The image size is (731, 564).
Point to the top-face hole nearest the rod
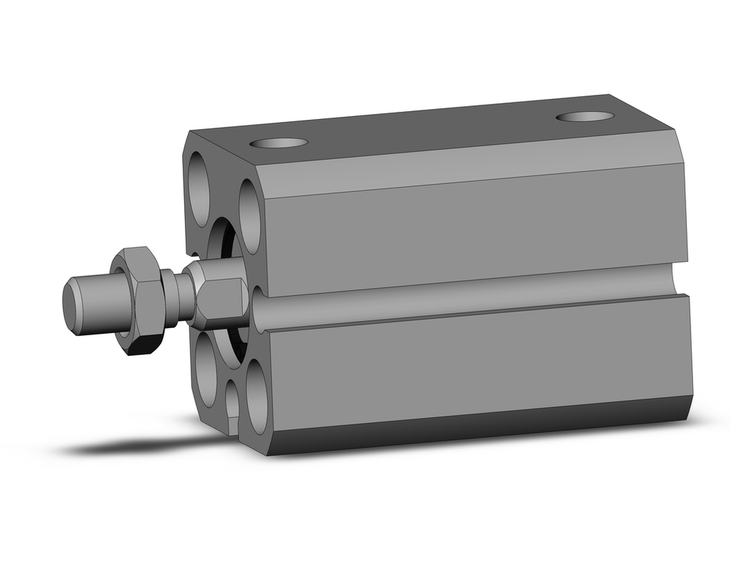pos(279,142)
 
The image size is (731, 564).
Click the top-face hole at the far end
pos(584,116)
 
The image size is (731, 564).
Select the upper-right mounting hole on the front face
pos(249,216)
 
